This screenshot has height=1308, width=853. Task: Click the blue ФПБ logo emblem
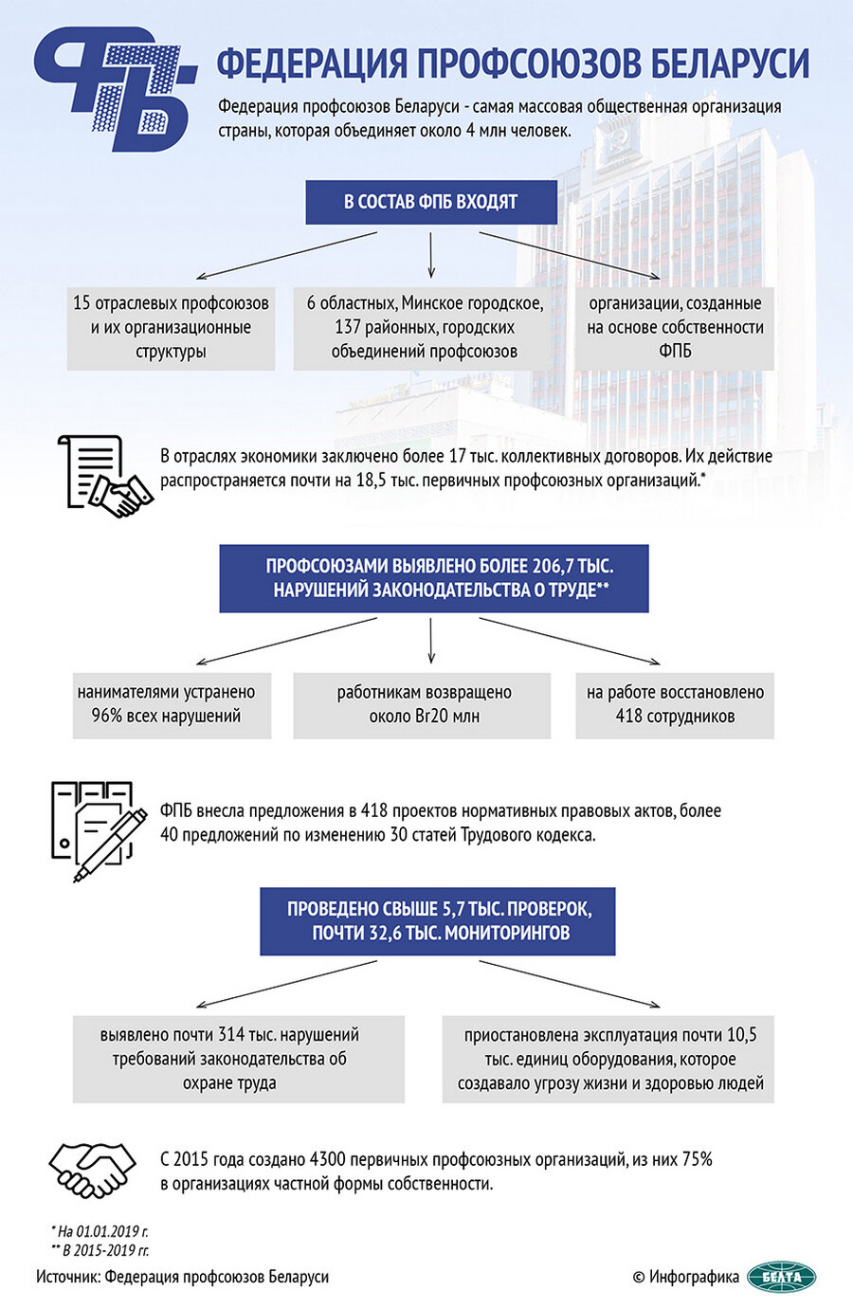[x=112, y=87]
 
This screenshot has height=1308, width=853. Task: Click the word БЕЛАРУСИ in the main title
[x=731, y=64]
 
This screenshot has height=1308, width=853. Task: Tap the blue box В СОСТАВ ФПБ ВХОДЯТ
[x=430, y=202]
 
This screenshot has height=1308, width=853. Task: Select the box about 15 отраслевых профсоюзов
[x=171, y=328]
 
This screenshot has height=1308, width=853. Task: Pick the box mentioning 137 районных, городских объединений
[x=424, y=328]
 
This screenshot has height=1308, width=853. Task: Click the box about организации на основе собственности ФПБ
[x=675, y=328]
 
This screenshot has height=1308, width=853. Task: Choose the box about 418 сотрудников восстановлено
[x=675, y=704]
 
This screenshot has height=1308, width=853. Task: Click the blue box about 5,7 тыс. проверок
[x=439, y=920]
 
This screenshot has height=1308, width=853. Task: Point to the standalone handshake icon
[x=91, y=1170]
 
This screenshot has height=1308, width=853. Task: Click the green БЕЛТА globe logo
[x=781, y=1277]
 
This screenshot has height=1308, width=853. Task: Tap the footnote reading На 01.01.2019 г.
[x=100, y=1231]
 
